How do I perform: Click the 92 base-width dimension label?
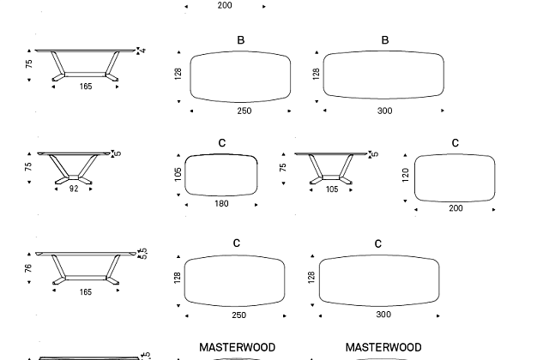tap(74, 189)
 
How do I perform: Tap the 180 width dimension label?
tap(221, 204)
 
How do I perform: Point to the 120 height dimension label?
tap(406, 175)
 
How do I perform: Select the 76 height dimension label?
tap(28, 268)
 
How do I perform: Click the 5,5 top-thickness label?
tap(143, 253)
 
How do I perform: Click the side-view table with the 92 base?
tap(74, 168)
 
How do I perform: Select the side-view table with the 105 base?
tap(331, 168)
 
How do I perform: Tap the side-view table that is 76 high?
tap(86, 268)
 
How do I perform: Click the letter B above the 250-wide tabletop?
tap(241, 40)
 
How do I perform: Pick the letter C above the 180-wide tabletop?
tap(222, 143)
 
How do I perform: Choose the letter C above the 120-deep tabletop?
tap(456, 143)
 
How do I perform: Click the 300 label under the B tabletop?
tap(384, 111)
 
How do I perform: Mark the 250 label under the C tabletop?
tap(238, 315)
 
